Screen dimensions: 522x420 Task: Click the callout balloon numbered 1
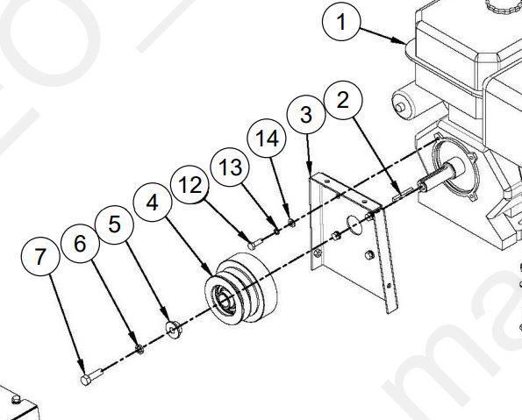click(x=341, y=22)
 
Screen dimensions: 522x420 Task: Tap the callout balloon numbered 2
click(x=343, y=100)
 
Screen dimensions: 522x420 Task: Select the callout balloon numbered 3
click(x=306, y=115)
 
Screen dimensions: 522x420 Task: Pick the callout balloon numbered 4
click(x=153, y=202)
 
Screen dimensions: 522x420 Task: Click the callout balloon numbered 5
click(x=115, y=225)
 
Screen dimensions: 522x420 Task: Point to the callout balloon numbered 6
click(x=80, y=244)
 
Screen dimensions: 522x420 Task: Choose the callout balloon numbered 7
click(x=40, y=256)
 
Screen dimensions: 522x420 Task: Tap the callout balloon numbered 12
click(x=189, y=185)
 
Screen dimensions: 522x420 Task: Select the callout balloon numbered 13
click(x=230, y=167)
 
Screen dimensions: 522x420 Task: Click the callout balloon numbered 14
click(x=267, y=139)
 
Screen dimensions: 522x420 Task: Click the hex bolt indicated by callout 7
click(x=91, y=377)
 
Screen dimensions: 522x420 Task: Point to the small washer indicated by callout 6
click(x=139, y=349)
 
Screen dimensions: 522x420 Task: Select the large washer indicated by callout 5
click(x=174, y=329)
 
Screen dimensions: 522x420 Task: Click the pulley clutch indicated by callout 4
click(x=241, y=288)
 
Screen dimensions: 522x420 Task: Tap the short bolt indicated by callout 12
click(x=255, y=244)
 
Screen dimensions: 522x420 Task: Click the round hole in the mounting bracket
click(x=354, y=224)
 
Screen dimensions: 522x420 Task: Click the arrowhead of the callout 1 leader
click(x=401, y=41)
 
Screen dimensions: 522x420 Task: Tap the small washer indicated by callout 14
click(x=291, y=223)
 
